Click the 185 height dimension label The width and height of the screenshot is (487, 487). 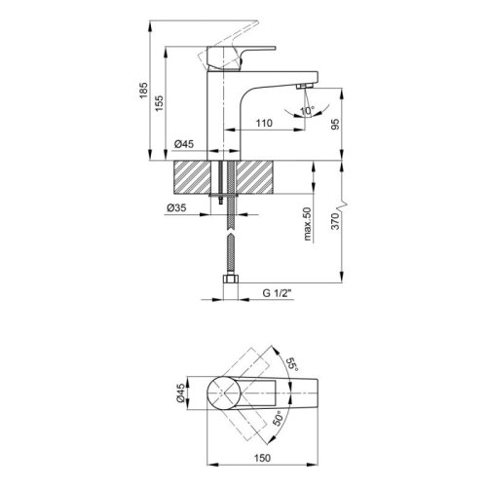click(x=143, y=91)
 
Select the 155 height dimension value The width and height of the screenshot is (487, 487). click(x=159, y=103)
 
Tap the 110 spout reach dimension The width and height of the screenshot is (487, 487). click(x=264, y=123)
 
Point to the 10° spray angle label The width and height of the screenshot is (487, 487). click(x=307, y=111)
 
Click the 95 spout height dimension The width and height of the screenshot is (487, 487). click(x=335, y=124)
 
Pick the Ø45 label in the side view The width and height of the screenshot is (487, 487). click(x=184, y=144)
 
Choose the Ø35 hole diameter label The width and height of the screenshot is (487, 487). click(x=176, y=207)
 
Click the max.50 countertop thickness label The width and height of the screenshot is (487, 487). click(x=308, y=224)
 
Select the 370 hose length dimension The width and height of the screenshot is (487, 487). click(x=335, y=221)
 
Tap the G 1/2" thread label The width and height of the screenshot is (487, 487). click(x=278, y=293)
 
